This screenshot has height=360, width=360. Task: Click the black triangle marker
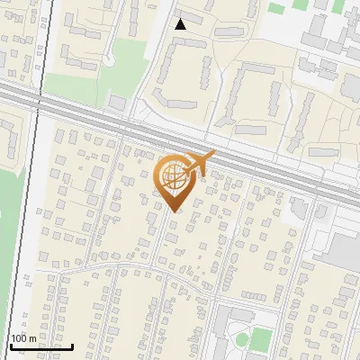181,24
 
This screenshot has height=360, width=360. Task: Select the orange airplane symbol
198,162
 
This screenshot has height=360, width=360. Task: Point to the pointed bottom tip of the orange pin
174,211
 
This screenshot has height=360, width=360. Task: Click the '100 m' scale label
23,337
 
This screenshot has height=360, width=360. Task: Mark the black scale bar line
40,346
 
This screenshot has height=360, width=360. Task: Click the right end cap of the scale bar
72,345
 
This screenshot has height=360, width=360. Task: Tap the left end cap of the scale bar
9,345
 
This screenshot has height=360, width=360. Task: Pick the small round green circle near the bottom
242,338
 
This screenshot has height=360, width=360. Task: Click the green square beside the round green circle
261,338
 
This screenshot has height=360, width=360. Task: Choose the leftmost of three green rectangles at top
277,8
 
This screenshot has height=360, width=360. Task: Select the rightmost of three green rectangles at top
338,5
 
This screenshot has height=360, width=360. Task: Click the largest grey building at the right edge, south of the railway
340,252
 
